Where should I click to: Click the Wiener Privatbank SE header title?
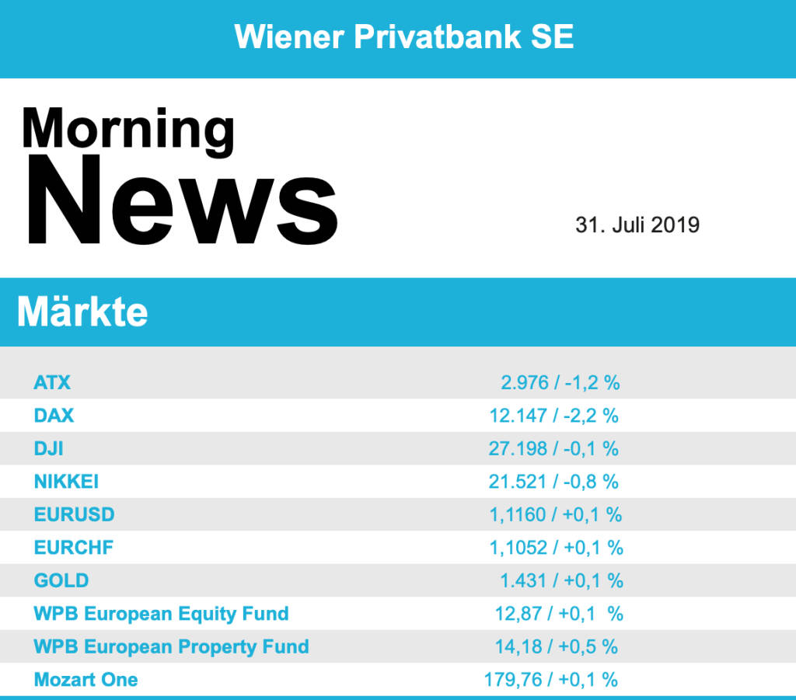click(404, 37)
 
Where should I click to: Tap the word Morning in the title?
click(128, 130)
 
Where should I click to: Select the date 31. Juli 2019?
click(637, 225)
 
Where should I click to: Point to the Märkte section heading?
click(82, 312)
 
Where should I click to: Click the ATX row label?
click(52, 382)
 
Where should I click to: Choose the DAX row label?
click(54, 416)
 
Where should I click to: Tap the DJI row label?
click(49, 448)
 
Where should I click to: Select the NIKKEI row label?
click(66, 482)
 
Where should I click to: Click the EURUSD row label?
click(74, 514)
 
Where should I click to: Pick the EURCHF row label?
click(74, 548)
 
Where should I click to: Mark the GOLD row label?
click(61, 580)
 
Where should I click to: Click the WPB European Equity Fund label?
click(161, 614)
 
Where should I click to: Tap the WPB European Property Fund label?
click(171, 646)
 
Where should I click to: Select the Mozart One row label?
click(86, 680)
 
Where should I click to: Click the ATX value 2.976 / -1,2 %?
click(560, 382)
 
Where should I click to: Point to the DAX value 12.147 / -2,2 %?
click(553, 416)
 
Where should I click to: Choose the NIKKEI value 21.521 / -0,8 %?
click(553, 482)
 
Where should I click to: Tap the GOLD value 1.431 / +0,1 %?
click(561, 580)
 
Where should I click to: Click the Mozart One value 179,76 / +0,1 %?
click(551, 680)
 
